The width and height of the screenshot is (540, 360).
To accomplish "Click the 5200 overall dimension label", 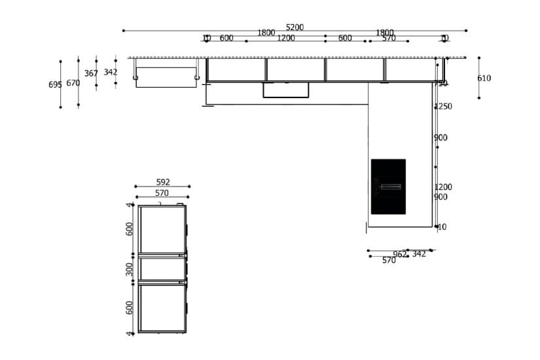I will coord(295,27).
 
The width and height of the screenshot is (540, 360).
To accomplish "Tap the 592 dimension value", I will coord(163,183).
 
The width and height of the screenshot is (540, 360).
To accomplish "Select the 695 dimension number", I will coord(55,85).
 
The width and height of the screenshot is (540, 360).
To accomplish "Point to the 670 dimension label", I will coord(73,83).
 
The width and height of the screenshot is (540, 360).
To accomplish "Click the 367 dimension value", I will coord(91,74).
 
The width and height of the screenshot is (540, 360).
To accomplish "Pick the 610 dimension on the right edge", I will coord(484,79).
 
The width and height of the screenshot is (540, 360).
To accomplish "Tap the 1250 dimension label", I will coord(442,107).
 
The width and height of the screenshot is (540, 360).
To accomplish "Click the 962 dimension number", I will coord(400,255).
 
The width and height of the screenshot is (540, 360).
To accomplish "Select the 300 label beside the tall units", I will coord(130,268).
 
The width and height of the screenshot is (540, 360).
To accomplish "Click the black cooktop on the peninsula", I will coord(388,187).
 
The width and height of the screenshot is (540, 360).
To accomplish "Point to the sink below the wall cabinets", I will coord(286,90).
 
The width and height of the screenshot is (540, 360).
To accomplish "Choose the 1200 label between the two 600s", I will coord(285,38).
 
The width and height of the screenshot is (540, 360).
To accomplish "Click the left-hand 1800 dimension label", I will coord(266,33).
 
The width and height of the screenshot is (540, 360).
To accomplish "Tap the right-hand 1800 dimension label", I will coord(384,33).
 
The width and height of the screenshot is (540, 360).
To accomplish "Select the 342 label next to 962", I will coord(419,254).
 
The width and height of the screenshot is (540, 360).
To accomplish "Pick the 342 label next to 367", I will coord(111,73).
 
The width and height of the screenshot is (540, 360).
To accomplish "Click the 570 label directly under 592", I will coord(162,193).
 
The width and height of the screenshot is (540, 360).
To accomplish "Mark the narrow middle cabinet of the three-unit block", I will coord(162,268).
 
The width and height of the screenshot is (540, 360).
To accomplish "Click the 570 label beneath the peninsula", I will coord(389,261).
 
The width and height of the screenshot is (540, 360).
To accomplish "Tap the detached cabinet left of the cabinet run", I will coord(166,77).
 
